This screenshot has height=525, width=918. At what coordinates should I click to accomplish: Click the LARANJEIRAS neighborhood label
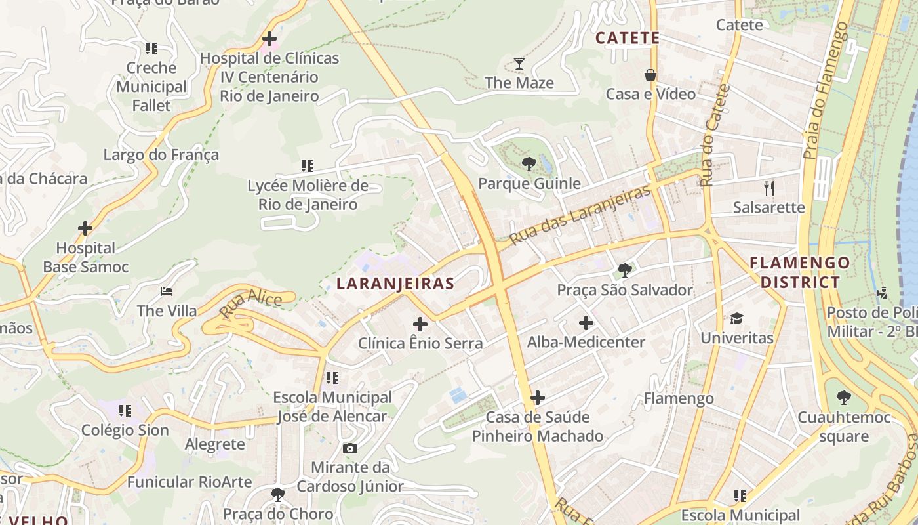pos(395,283)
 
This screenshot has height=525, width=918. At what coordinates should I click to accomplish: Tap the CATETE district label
pos(627,38)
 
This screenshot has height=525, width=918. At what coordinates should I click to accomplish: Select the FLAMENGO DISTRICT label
pos(799,272)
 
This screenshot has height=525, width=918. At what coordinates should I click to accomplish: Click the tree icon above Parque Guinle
pos(529,163)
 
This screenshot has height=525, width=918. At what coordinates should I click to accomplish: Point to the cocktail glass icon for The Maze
pos(519,64)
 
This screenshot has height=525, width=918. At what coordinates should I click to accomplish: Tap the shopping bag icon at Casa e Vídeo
pos(650,75)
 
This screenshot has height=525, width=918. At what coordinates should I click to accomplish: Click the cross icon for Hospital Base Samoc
pos(85,228)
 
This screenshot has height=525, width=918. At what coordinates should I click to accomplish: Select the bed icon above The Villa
pos(167,291)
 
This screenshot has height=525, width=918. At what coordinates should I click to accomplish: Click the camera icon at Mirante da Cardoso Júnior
pos(350,448)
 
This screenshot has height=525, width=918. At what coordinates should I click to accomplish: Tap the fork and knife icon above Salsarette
pos(769,188)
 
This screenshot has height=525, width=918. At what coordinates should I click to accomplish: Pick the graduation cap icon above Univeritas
pos(737,319)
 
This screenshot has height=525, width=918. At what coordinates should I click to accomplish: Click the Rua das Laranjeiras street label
pos(580,215)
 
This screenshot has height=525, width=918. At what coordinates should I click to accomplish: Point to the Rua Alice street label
pos(251,304)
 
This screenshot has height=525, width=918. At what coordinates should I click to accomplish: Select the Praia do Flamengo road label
pos(826,91)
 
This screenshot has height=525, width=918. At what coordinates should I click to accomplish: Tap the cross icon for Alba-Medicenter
pos(586,323)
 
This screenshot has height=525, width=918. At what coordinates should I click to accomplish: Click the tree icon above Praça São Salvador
pos(625,270)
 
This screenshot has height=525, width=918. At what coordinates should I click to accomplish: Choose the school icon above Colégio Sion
pos(125,411)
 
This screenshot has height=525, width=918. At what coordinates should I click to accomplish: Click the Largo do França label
pos(161,155)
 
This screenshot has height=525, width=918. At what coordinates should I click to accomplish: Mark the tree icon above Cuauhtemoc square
pos(844,398)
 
